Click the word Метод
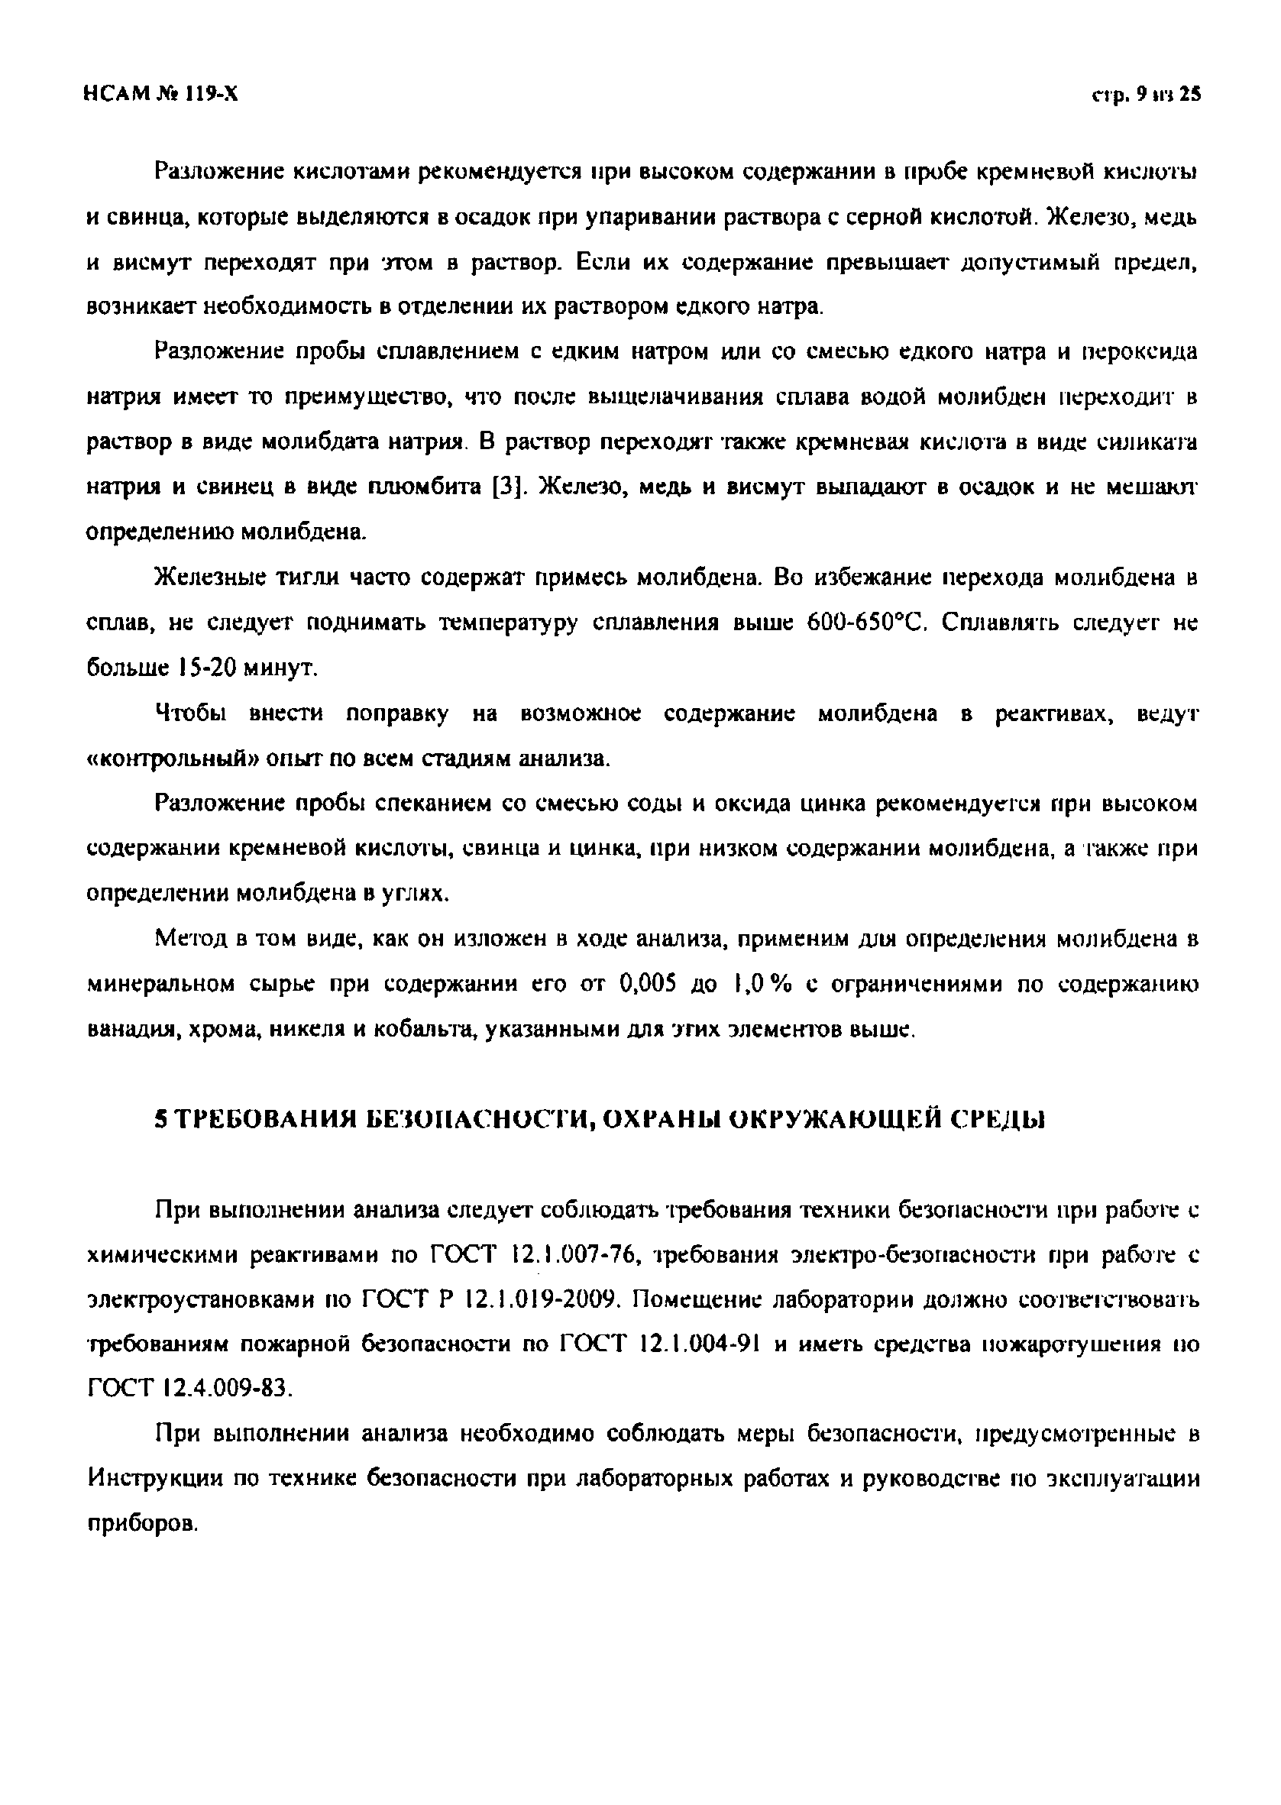pos(187,940)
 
